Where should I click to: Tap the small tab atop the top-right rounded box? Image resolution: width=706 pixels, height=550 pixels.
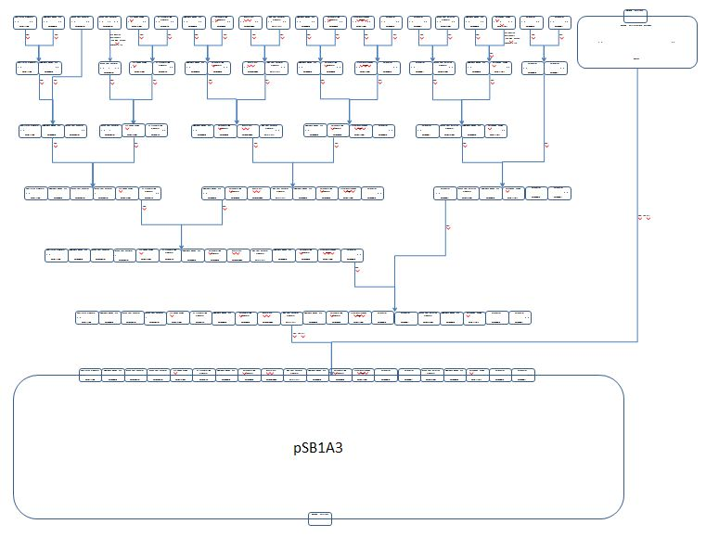point(636,14)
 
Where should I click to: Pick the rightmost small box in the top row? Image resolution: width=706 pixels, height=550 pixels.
point(558,21)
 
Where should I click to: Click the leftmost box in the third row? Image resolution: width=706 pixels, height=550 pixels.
point(30,131)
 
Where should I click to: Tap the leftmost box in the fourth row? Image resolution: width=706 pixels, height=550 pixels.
point(36,193)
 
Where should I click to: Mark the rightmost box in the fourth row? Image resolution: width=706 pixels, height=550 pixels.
point(559,193)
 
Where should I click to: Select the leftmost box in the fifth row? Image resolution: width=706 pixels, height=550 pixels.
point(57,255)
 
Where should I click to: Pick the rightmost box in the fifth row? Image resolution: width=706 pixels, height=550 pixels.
point(353,255)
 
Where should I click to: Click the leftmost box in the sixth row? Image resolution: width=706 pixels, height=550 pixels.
point(88,317)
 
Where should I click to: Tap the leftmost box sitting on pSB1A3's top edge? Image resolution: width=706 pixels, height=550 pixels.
point(90,375)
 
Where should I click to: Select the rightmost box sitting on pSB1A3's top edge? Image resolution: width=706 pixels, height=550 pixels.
point(524,375)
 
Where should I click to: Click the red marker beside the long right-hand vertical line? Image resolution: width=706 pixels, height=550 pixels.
point(644,218)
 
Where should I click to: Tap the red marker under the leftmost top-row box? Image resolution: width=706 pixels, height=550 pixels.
point(27,36)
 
